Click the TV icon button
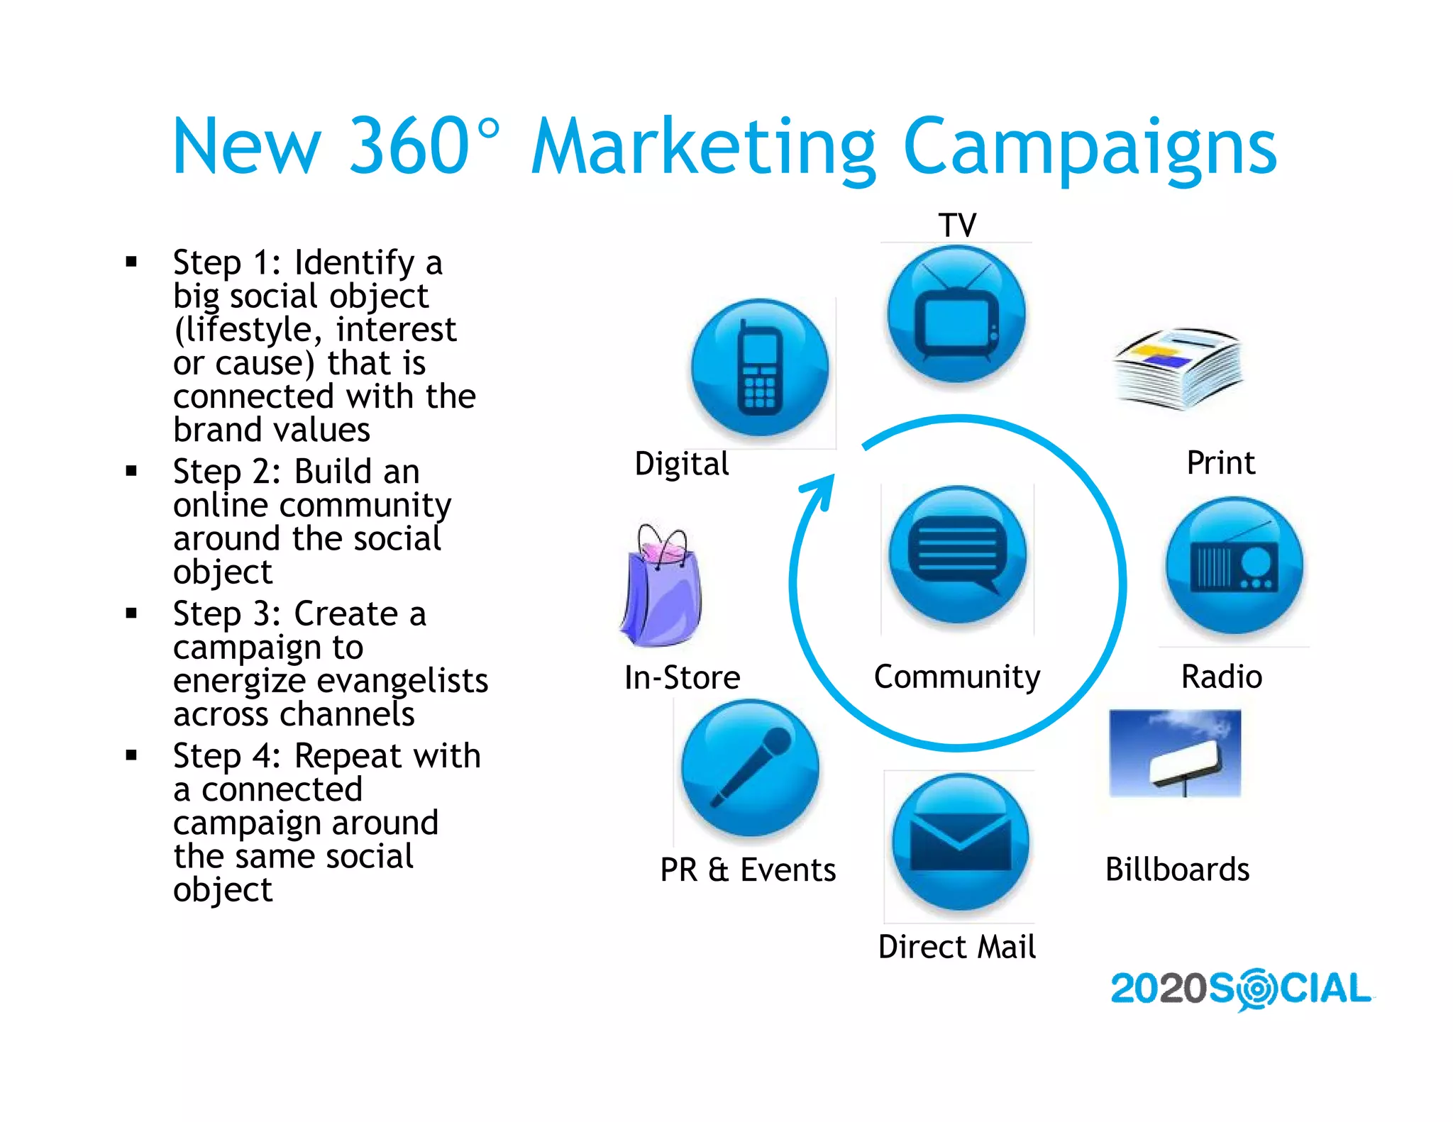pos(956,314)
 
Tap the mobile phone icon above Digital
pos(760,367)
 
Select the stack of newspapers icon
pos(1178,368)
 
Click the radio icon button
pos(1234,565)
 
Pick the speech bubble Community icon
pos(957,555)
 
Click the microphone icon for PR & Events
pos(750,767)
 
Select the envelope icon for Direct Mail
pos(960,842)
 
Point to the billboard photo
pos(1175,753)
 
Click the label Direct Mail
pos(956,947)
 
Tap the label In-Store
pos(682,677)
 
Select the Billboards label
pos(1177,870)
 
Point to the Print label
pos(1220,463)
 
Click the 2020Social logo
pos(1240,989)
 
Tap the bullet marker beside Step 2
pos(131,471)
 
